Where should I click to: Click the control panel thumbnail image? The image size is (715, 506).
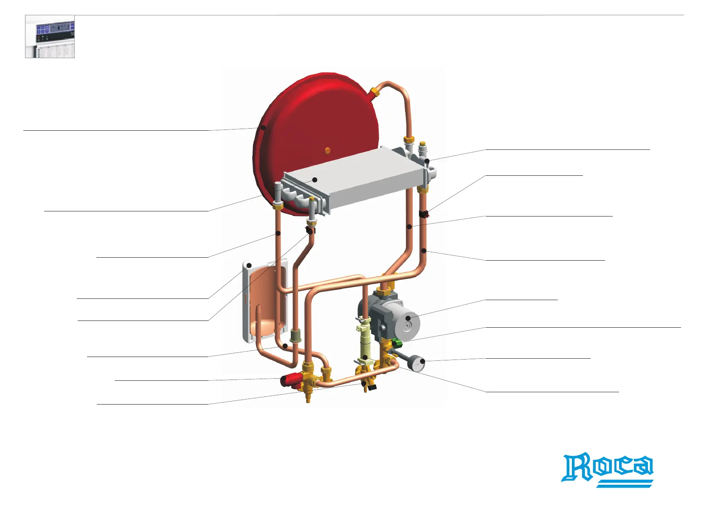click(50, 37)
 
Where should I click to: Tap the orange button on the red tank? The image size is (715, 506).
click(327, 150)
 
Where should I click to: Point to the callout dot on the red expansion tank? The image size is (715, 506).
click(263, 127)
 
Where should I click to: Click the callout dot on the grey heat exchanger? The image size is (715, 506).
click(315, 180)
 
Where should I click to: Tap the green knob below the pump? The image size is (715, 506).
click(397, 343)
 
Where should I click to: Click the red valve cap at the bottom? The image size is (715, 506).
click(289, 379)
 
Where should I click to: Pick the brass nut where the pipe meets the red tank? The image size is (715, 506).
click(375, 92)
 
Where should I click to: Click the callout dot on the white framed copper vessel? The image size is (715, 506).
click(249, 266)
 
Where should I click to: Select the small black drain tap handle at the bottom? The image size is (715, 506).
click(372, 387)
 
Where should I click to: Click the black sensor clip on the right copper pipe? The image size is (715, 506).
click(423, 214)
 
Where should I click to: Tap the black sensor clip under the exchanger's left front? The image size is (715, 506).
click(310, 231)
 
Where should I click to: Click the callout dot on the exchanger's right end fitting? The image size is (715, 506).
click(427, 161)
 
